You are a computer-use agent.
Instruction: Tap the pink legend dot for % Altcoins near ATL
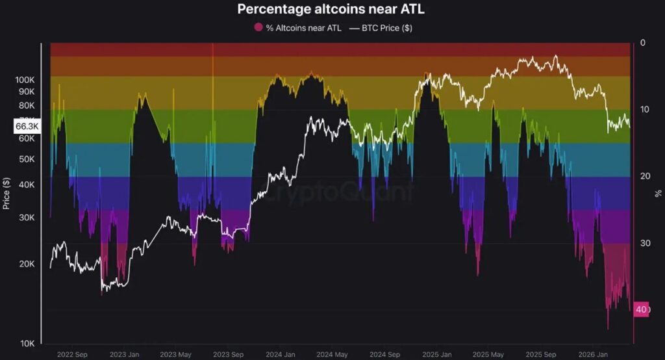pyautogui.click(x=258, y=28)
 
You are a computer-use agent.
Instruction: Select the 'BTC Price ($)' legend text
pyautogui.click(x=387, y=28)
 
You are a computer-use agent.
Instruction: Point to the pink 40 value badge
pyautogui.click(x=641, y=309)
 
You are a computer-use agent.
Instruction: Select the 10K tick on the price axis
pyautogui.click(x=26, y=343)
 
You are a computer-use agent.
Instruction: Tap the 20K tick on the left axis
pyautogui.click(x=26, y=264)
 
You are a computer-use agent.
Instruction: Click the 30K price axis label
pyautogui.click(x=26, y=217)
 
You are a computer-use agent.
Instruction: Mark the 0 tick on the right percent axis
pyautogui.click(x=642, y=43)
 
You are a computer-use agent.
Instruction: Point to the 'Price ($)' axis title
pyautogui.click(x=6, y=193)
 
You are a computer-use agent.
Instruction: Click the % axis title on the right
pyautogui.click(x=658, y=193)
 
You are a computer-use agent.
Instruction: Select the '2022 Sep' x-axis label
pyautogui.click(x=72, y=354)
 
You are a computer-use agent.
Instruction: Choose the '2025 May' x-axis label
pyautogui.click(x=488, y=354)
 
